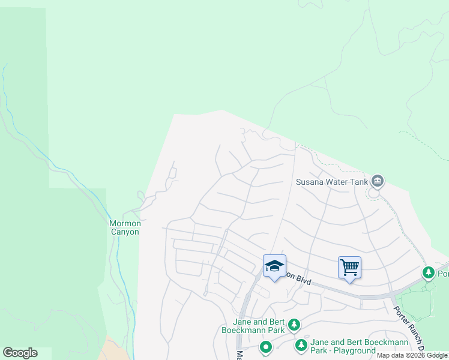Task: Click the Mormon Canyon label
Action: [x=124, y=227]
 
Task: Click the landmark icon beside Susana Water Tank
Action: [x=378, y=180]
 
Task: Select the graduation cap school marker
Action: [x=274, y=266]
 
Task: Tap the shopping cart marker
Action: [x=349, y=267]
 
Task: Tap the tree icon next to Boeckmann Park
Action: [x=294, y=325]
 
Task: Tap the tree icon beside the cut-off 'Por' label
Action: [x=428, y=274]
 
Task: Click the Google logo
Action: [x=20, y=353]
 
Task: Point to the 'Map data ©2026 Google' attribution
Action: [x=412, y=355]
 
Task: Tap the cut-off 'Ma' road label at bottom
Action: [x=239, y=355]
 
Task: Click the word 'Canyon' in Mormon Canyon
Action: [x=124, y=232]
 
